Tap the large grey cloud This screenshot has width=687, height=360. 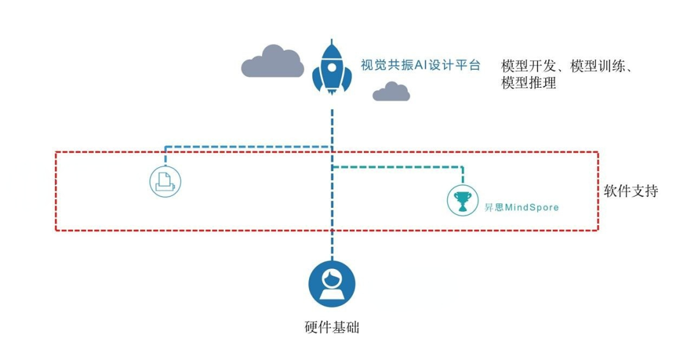pyautogui.click(x=273, y=62)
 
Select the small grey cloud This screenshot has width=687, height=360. pyautogui.click(x=391, y=92)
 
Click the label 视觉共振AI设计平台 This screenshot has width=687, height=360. pyautogui.click(x=420, y=65)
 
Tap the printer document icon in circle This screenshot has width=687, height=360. pyautogui.click(x=165, y=180)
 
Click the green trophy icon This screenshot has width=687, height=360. pyautogui.click(x=462, y=201)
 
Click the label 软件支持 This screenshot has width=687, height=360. pyautogui.click(x=631, y=191)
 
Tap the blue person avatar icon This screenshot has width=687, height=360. pyautogui.click(x=331, y=284)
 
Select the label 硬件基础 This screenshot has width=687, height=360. pyautogui.click(x=332, y=328)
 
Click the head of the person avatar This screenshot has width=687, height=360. pyautogui.click(x=331, y=277)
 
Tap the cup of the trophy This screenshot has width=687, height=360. pyautogui.click(x=462, y=198)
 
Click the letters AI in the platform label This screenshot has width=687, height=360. pyautogui.click(x=422, y=65)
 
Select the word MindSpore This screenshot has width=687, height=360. pyautogui.click(x=532, y=207)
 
